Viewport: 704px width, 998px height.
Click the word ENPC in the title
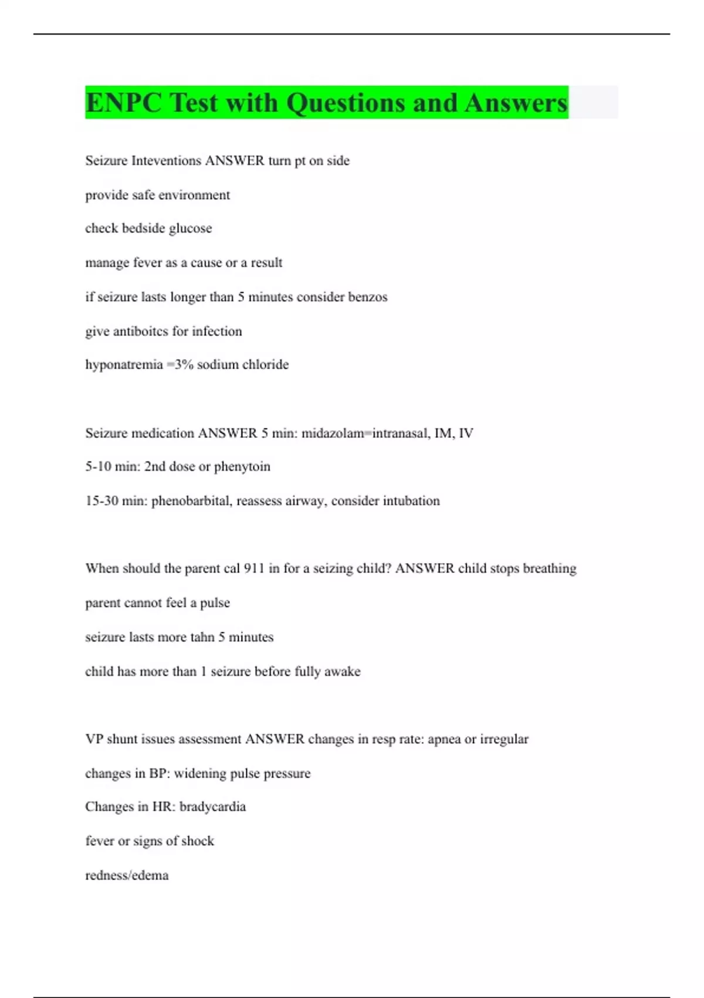point(123,103)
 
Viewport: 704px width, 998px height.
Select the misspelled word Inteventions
point(166,161)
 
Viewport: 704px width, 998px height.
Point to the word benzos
point(368,297)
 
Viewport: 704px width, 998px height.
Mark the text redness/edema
point(127,876)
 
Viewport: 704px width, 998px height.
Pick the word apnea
point(444,740)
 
